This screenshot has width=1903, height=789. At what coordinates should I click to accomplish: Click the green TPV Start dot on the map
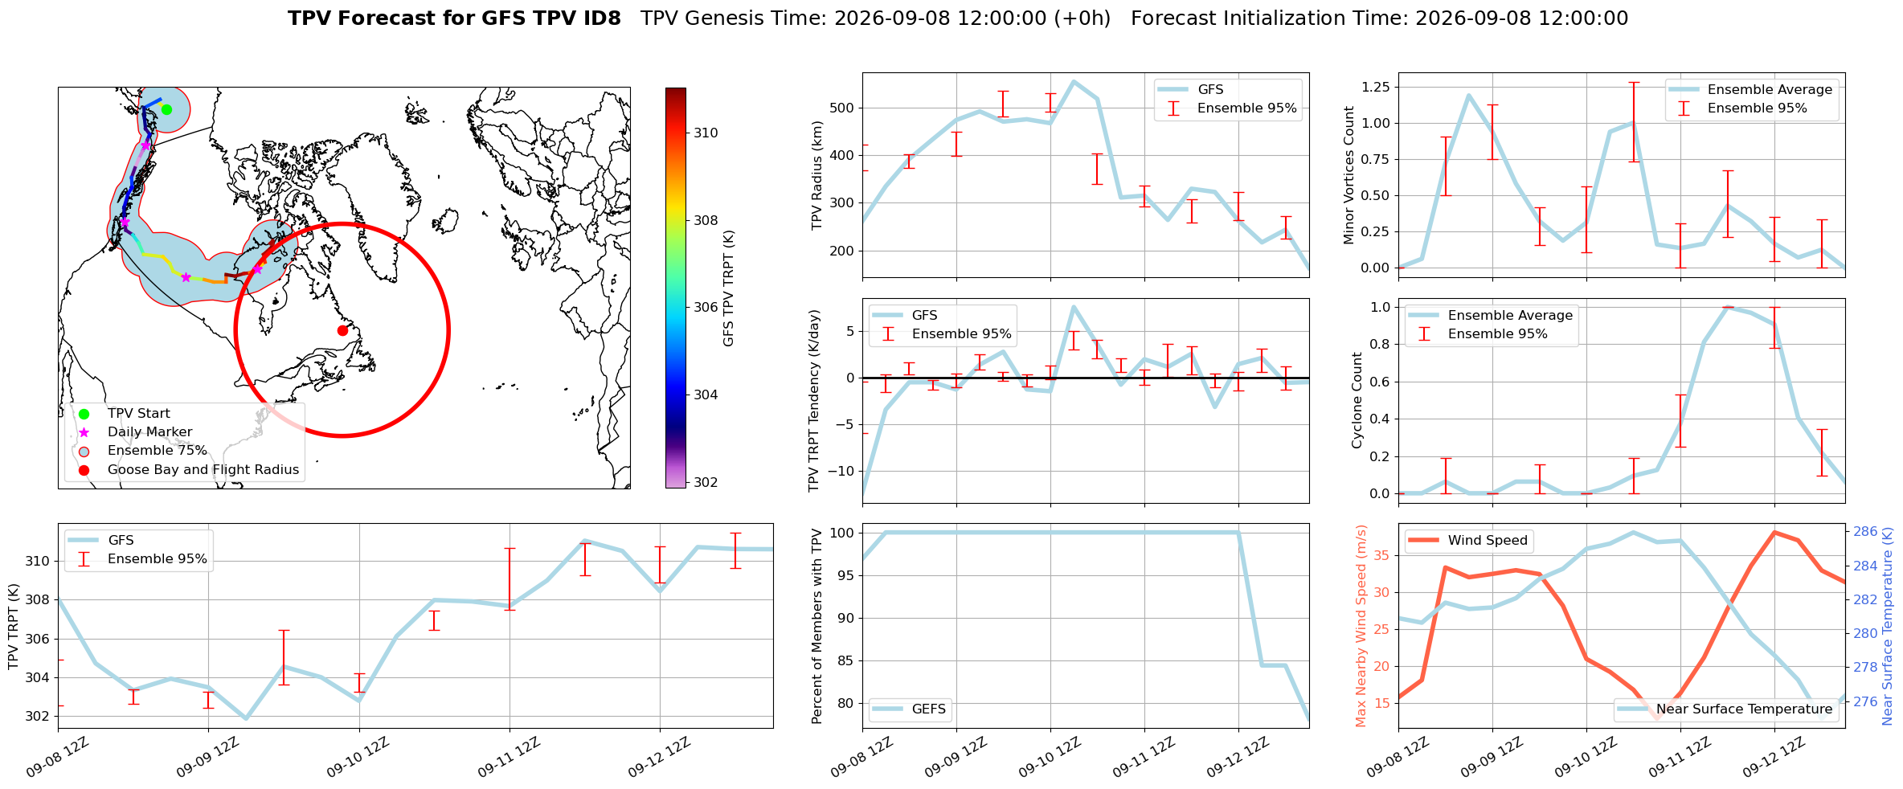pyautogui.click(x=166, y=109)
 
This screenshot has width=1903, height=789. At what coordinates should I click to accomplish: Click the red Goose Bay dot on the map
pyautogui.click(x=342, y=330)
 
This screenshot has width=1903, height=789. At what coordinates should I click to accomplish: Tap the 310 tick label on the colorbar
pyautogui.click(x=706, y=133)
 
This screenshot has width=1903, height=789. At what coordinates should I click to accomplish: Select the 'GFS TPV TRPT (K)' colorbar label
pyautogui.click(x=729, y=288)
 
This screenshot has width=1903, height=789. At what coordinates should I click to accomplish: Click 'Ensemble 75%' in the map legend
pyautogui.click(x=157, y=451)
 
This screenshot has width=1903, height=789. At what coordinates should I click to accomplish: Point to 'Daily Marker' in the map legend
pyautogui.click(x=149, y=432)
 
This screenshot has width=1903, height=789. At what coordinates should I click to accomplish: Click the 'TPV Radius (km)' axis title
pyautogui.click(x=817, y=175)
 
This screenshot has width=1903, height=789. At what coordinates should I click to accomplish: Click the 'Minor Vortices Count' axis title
pyautogui.click(x=1349, y=175)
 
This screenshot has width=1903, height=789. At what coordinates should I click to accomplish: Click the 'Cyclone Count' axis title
pyautogui.click(x=1357, y=400)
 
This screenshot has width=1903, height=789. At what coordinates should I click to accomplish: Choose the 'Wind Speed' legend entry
pyautogui.click(x=1468, y=541)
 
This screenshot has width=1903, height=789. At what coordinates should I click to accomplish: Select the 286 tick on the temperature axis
pyautogui.click(x=1865, y=531)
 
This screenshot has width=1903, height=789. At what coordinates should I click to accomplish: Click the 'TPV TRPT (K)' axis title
pyautogui.click(x=13, y=627)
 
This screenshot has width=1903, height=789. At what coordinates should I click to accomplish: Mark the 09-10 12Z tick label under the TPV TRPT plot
pyautogui.click(x=358, y=758)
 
